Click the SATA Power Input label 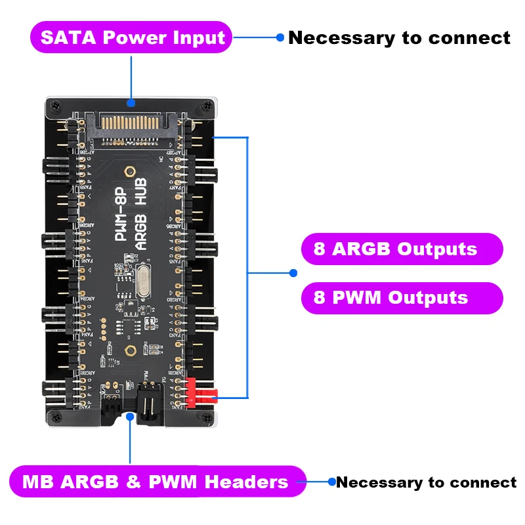132,37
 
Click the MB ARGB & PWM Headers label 156,482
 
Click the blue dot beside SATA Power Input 280,37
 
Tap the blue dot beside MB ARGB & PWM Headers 331,482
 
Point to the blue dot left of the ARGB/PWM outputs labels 293,272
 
